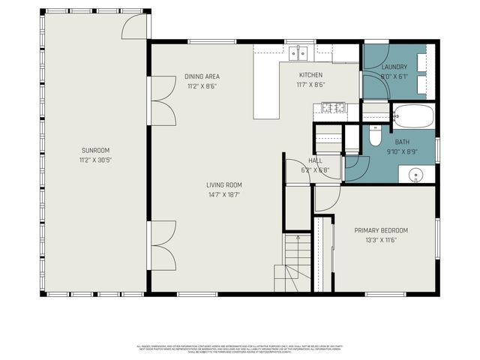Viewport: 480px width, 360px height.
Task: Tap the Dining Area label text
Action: coord(202,76)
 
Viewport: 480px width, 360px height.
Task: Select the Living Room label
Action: coord(224,184)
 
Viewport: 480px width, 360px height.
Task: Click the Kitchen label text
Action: coord(310,75)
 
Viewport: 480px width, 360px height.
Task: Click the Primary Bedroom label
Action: coord(381,230)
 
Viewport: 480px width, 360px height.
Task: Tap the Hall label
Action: coord(316,160)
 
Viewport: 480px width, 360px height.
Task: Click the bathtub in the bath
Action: coord(412,116)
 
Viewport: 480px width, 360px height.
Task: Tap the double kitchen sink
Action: coord(299,52)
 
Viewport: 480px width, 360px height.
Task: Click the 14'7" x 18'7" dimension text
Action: coord(224,194)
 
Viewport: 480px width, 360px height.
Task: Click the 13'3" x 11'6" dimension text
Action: coord(381,240)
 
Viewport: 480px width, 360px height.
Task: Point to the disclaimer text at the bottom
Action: coord(240,349)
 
